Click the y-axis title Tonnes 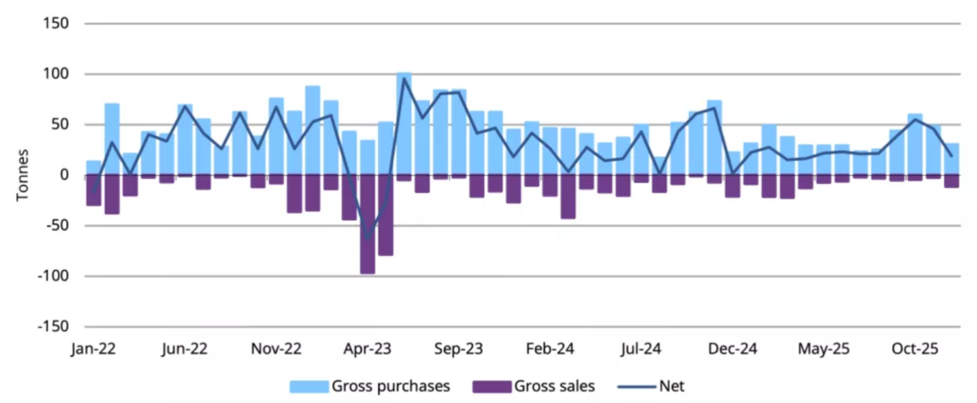pyautogui.click(x=23, y=175)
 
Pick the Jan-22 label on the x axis pyautogui.click(x=93, y=349)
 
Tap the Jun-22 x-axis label pyautogui.click(x=184, y=349)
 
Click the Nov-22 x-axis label pyautogui.click(x=276, y=349)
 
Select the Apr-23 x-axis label pyautogui.click(x=367, y=349)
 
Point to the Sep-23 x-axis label pyautogui.click(x=458, y=349)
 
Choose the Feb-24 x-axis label pyautogui.click(x=550, y=349)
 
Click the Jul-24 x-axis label pyautogui.click(x=641, y=349)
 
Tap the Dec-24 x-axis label pyautogui.click(x=732, y=349)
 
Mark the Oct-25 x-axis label pyautogui.click(x=915, y=349)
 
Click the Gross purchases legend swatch pyautogui.click(x=309, y=387)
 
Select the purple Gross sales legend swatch pyautogui.click(x=492, y=387)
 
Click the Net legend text pyautogui.click(x=672, y=387)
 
